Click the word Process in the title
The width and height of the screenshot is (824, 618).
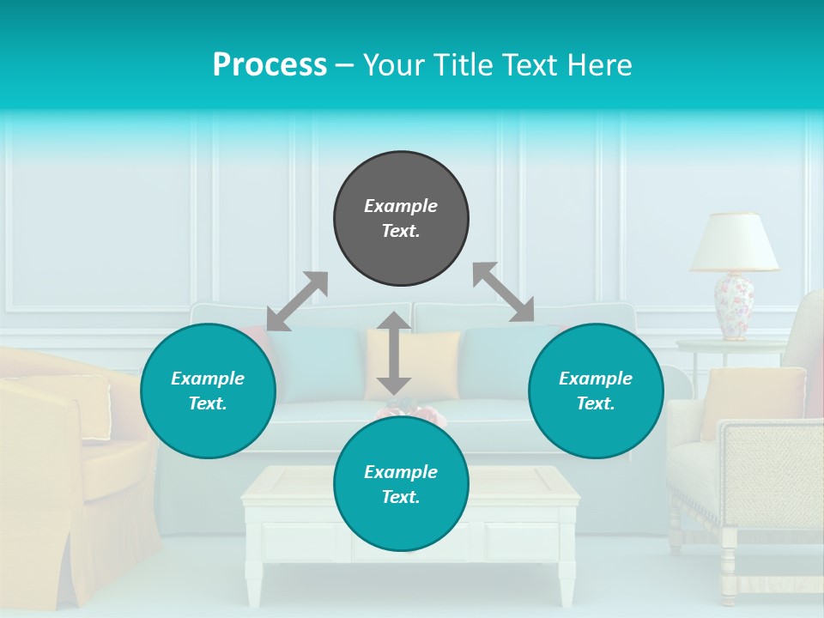coord(270,65)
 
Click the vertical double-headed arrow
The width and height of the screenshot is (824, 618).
coord(394,353)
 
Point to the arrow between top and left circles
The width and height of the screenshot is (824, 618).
coord(297,301)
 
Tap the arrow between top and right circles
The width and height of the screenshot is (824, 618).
coord(503,292)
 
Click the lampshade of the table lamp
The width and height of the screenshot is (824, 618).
coord(735,242)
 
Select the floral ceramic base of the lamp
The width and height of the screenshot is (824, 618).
coord(734,305)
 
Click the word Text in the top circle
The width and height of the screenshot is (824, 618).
coord(401,231)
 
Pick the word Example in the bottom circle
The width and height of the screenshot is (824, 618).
coord(401,472)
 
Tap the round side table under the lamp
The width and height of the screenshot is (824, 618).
coord(730,345)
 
